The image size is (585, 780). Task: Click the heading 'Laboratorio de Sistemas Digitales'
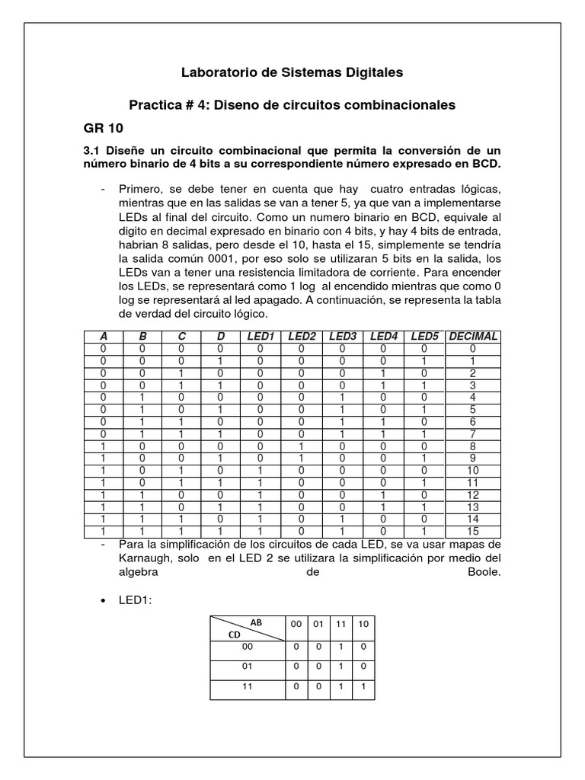pos(292,73)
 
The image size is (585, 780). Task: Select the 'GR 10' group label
pos(102,126)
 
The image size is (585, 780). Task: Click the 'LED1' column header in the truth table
pos(261,336)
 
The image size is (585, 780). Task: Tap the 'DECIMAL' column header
pos(473,336)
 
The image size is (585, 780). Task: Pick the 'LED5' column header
pos(425,336)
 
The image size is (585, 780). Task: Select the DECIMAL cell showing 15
pos(473,531)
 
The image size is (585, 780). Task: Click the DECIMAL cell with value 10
pos(473,470)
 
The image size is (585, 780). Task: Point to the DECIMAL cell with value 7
pos(473,433)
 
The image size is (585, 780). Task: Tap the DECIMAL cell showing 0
pos(473,348)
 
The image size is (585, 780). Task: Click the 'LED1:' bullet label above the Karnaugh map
pos(136,601)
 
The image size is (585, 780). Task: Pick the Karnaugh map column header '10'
pos(363,625)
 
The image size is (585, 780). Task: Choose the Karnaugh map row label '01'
pos(246,665)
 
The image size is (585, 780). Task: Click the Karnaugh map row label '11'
pos(246,686)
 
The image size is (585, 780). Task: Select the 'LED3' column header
pos(342,336)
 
